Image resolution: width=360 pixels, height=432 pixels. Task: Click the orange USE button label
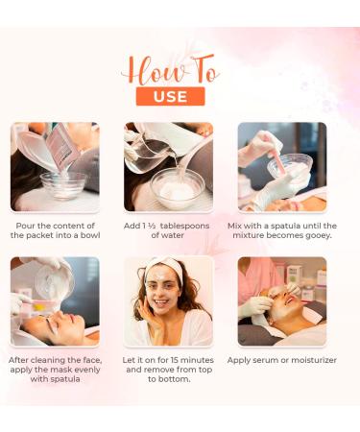170,96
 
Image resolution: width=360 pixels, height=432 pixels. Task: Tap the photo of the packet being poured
55,166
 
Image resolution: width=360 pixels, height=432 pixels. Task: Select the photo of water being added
169,166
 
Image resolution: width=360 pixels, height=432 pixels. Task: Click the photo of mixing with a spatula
282,166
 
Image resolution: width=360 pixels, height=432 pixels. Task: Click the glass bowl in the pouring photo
62,184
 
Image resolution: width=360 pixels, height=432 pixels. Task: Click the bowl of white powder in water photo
177,187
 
